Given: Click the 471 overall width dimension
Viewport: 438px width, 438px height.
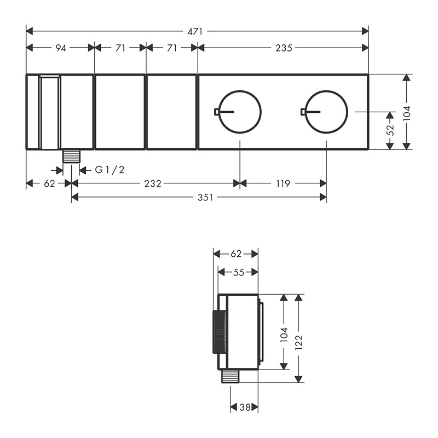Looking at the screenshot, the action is [195, 32].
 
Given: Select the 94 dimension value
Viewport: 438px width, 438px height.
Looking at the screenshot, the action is [61, 48].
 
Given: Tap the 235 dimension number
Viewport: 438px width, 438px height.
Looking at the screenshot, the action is [284, 48].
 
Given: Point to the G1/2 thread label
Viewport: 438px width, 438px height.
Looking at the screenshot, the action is [110, 170].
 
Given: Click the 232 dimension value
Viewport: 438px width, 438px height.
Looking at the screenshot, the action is [153, 183].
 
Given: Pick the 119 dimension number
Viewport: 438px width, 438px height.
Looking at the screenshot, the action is [283, 183].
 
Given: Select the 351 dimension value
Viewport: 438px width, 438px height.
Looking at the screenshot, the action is [205, 198].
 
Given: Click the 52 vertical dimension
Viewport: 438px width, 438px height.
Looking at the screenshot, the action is [390, 129].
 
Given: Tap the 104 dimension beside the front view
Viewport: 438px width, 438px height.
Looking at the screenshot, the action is [407, 113].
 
